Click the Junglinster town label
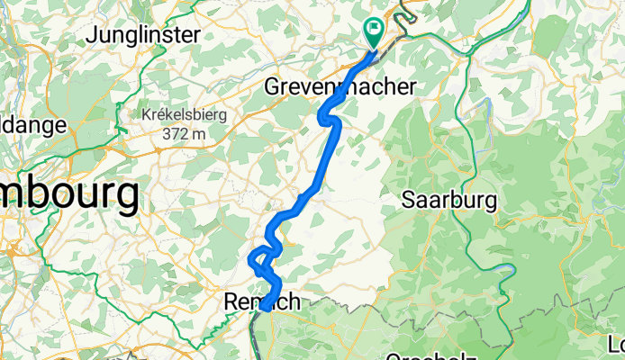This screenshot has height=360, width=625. [x=144, y=36]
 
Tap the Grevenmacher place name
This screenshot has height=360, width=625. [x=340, y=87]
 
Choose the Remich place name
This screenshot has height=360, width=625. [x=261, y=303]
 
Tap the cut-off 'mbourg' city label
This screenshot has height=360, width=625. [x=68, y=194]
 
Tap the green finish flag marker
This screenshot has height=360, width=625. [x=373, y=32]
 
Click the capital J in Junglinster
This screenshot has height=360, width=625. [x=93, y=36]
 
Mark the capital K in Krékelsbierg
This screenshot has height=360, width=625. [x=146, y=116]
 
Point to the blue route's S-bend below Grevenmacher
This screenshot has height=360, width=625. [x=329, y=118]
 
